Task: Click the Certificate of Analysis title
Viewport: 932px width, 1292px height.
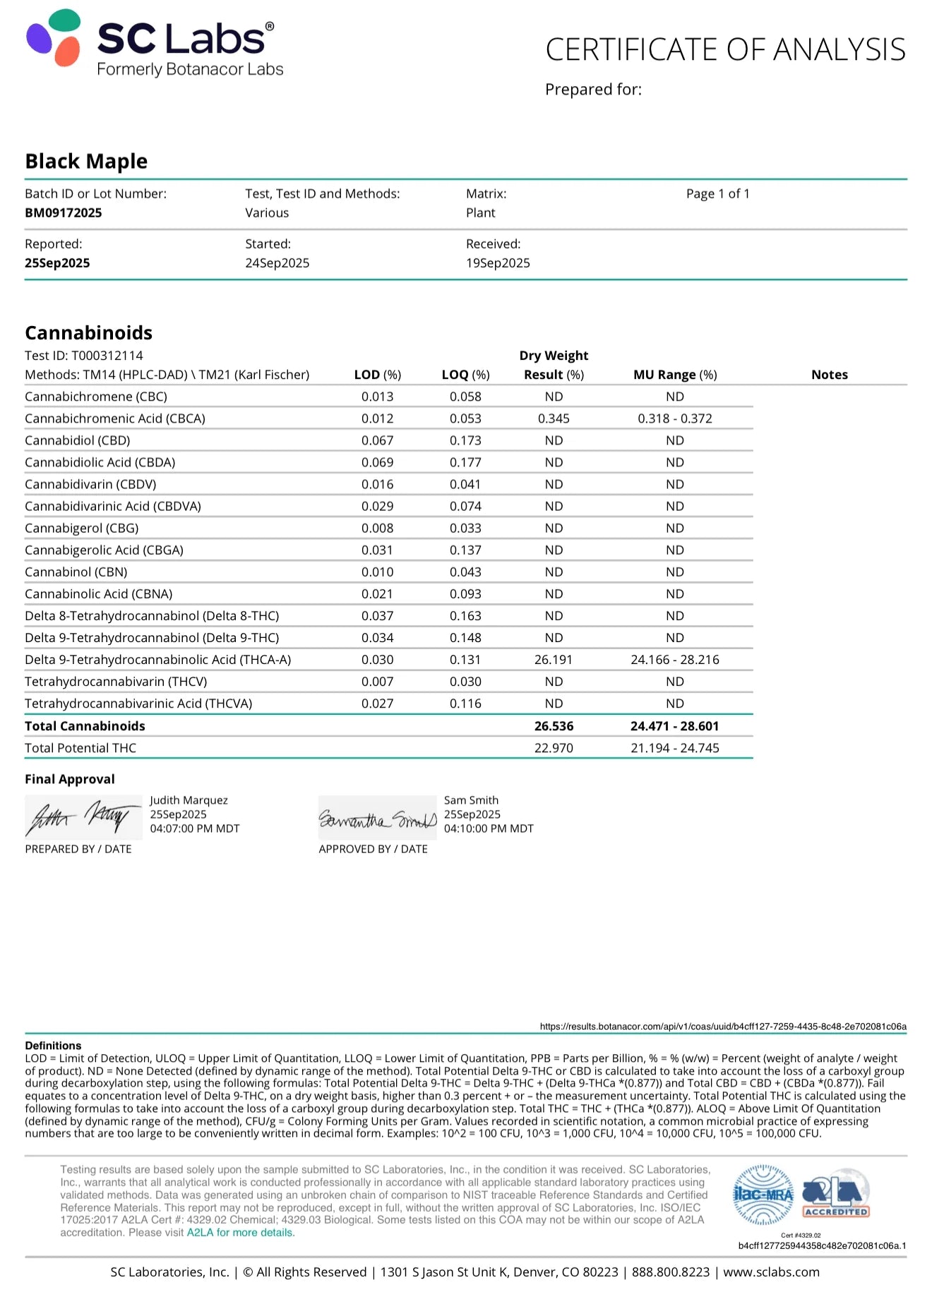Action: (x=725, y=49)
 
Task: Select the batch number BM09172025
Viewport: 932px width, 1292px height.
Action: (x=64, y=213)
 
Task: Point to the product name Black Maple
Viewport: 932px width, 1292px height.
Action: (x=86, y=162)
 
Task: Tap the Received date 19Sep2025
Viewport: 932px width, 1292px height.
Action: (x=498, y=263)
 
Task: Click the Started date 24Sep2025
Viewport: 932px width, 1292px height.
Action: (x=277, y=263)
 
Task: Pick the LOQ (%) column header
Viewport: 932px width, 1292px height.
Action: (x=465, y=375)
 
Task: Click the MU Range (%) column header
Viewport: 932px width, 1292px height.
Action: (x=675, y=375)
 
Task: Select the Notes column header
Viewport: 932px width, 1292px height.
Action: (x=829, y=375)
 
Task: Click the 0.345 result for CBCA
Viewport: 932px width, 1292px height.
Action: (x=554, y=418)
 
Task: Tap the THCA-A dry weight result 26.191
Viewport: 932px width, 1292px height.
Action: (x=554, y=660)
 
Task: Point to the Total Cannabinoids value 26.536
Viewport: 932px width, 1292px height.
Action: (x=554, y=726)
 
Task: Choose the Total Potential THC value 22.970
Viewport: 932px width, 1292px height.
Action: (x=554, y=748)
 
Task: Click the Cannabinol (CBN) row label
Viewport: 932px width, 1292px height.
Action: (x=76, y=572)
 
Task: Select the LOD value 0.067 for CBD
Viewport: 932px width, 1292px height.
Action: (x=378, y=440)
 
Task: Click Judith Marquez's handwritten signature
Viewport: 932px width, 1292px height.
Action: (x=83, y=817)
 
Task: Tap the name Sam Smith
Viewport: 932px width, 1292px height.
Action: (x=471, y=800)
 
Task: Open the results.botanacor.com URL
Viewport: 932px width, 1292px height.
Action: (x=723, y=1026)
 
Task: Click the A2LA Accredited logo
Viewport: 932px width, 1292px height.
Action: (x=836, y=1195)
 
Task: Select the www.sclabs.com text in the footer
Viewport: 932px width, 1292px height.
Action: (x=771, y=1272)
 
